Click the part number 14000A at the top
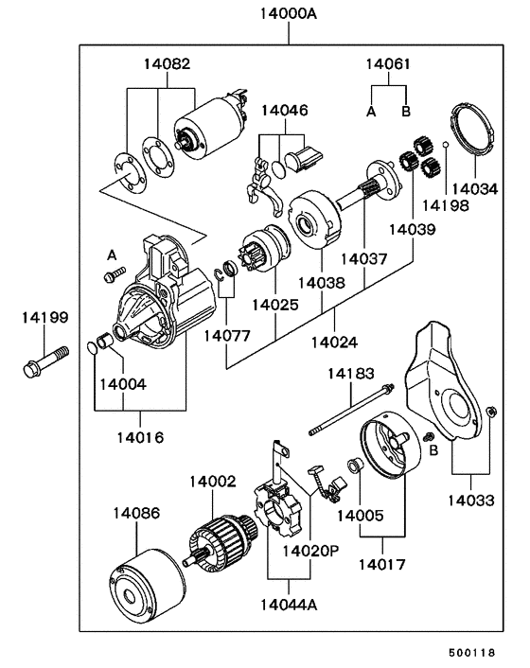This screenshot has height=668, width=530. click(289, 13)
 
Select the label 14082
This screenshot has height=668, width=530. click(167, 64)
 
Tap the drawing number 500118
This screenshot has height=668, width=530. click(471, 653)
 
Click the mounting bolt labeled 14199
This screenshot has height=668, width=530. click(45, 361)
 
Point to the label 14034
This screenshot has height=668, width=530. click(474, 188)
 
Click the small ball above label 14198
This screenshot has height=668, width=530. click(445, 145)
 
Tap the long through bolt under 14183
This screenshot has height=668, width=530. click(351, 410)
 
